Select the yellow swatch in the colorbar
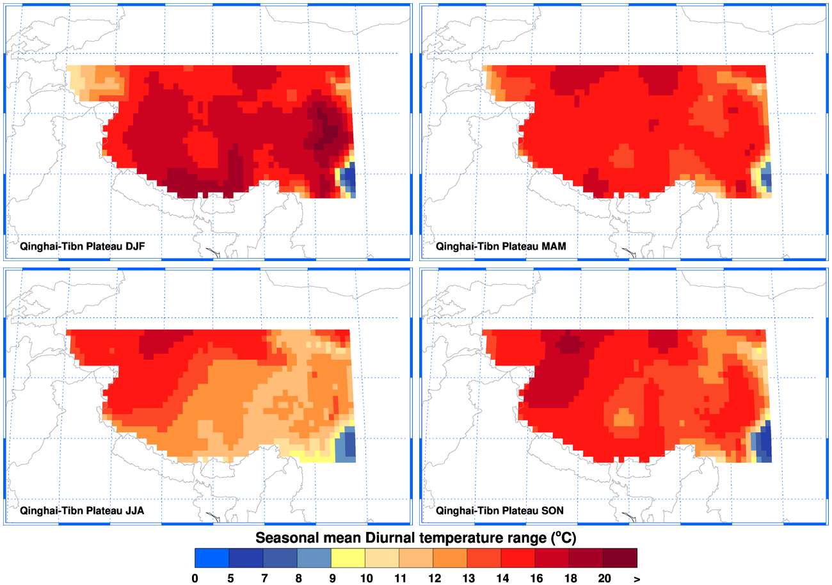pyautogui.click(x=348, y=558)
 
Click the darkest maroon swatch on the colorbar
pyautogui.click(x=620, y=558)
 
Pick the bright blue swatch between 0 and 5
pyautogui.click(x=212, y=558)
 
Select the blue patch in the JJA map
pyautogui.click(x=346, y=445)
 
